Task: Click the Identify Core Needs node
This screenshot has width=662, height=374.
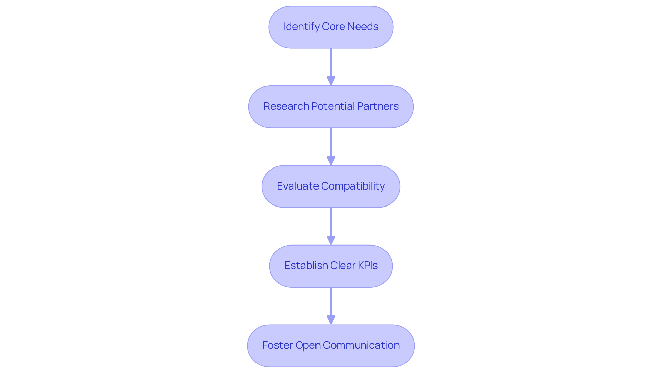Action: pyautogui.click(x=331, y=27)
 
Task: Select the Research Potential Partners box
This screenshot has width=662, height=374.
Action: pyautogui.click(x=331, y=107)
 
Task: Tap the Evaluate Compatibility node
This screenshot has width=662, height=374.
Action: pyautogui.click(x=331, y=186)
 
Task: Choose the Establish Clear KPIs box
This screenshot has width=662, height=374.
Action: pyautogui.click(x=331, y=266)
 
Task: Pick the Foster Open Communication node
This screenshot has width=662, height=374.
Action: pyautogui.click(x=331, y=346)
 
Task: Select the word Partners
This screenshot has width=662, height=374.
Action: pyautogui.click(x=378, y=106)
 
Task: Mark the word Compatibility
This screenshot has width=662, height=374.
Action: pyautogui.click(x=353, y=186)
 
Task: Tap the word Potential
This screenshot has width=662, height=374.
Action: pyautogui.click(x=333, y=106)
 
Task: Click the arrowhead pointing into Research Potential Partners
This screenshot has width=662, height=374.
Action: pyautogui.click(x=331, y=81)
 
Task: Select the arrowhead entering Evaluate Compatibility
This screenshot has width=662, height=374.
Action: pyautogui.click(x=331, y=161)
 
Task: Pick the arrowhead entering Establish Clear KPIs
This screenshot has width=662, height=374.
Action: pyautogui.click(x=331, y=241)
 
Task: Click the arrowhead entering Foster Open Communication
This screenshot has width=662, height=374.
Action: pyautogui.click(x=331, y=320)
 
